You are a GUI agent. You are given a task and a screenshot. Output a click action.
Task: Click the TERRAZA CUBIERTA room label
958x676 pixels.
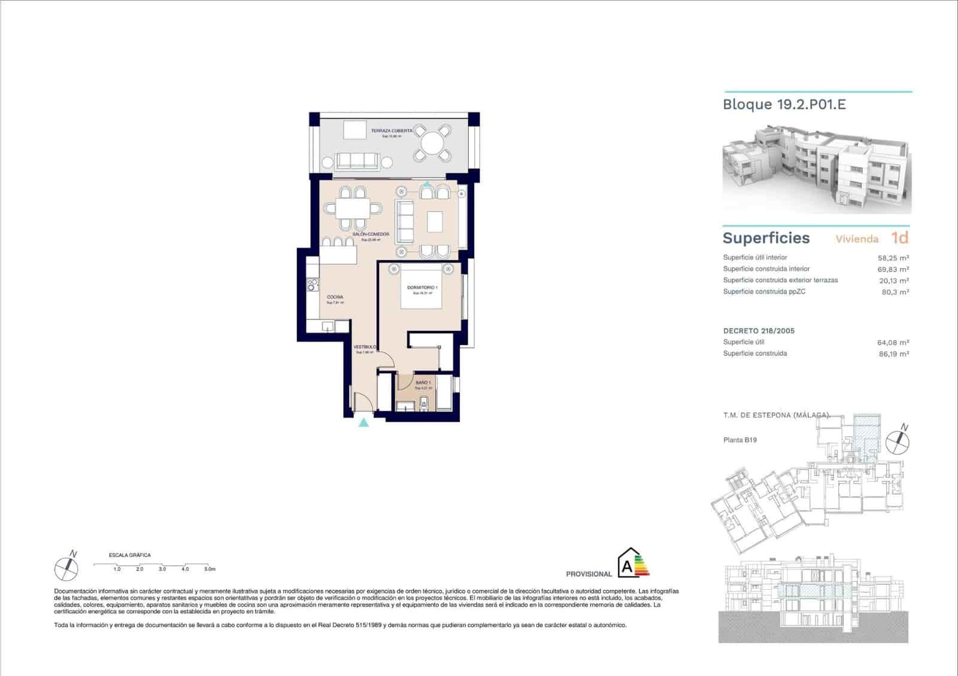pos(392,130)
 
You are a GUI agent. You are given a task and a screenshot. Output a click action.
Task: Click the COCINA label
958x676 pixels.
pos(335,297)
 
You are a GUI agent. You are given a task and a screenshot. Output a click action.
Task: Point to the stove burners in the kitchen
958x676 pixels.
pos(311,285)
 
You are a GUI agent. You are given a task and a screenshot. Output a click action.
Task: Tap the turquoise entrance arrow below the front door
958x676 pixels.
pos(363,423)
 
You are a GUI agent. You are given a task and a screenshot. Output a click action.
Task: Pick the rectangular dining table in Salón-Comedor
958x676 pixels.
pos(353,208)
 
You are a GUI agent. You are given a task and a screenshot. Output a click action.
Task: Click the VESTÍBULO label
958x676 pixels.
pos(364,347)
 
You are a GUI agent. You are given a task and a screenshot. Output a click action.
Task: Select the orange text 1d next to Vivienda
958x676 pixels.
pos(899,238)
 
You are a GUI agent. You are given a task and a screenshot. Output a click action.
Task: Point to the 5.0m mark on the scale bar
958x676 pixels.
pos(209,569)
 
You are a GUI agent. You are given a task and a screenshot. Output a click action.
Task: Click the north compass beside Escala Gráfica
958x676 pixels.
pos(66,567)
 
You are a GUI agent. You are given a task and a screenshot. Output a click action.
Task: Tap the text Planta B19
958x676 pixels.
pos(740,440)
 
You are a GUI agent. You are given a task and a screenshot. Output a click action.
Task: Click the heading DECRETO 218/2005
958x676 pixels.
pos(759,331)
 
